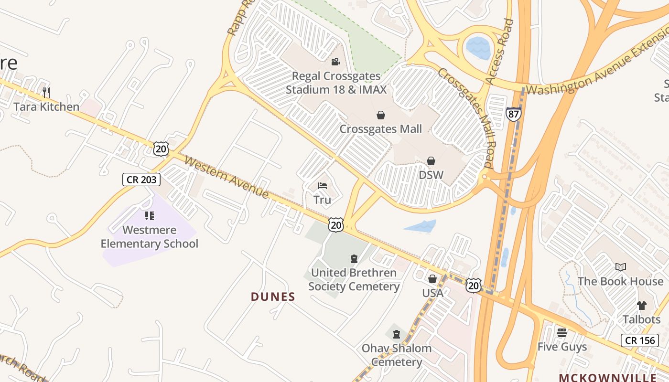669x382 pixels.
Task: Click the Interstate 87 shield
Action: pos(513,114)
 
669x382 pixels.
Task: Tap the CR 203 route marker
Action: pos(141,180)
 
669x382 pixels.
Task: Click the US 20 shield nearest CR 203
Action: pos(162,149)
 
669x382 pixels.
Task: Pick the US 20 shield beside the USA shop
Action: pos(474,286)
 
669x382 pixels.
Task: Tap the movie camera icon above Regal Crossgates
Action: pos(335,62)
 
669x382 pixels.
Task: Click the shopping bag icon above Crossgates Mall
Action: pos(381,115)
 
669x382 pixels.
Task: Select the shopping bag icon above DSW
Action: pos(431,161)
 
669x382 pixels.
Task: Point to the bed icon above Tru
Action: pos(323,186)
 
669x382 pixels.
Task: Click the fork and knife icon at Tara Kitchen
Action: pos(46,92)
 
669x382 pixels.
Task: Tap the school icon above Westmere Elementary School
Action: pos(150,216)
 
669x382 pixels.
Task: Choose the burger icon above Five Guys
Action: pos(562,332)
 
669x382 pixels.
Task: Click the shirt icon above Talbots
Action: pos(641,305)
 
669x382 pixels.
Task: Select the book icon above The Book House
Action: pos(620,267)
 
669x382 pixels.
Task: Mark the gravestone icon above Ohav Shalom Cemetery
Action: pos(396,334)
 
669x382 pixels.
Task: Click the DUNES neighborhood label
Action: pos(273,297)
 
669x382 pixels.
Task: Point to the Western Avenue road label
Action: pos(227,178)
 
